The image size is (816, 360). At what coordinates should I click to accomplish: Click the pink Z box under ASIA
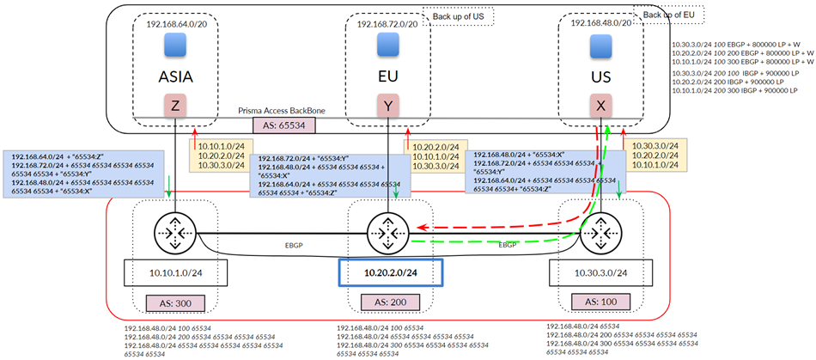(x=175, y=107)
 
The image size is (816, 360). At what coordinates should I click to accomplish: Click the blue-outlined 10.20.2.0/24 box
(x=391, y=273)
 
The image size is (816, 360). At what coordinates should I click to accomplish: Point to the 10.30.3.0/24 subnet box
(x=599, y=273)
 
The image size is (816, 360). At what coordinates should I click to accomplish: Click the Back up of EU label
(x=667, y=15)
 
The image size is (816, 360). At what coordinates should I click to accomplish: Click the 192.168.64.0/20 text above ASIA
(x=176, y=24)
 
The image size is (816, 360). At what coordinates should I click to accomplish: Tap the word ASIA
(x=175, y=76)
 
